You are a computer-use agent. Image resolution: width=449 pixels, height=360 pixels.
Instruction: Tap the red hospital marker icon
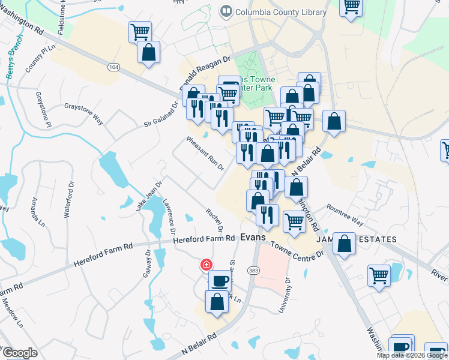[x=206, y=265]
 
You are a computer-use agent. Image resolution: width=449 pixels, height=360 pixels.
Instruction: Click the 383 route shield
[x=253, y=271]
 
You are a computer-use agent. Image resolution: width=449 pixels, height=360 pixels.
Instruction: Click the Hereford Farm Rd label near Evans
[x=204, y=239]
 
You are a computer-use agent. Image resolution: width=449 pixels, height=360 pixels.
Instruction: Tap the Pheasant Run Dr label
[x=205, y=153]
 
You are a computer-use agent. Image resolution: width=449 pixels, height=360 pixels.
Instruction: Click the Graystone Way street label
[x=83, y=115]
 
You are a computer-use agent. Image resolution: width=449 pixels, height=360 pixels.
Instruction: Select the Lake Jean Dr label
[x=149, y=196]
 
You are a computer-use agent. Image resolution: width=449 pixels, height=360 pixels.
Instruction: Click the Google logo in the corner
[x=20, y=353]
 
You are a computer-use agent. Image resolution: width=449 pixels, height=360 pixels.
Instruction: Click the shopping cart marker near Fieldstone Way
[x=140, y=31]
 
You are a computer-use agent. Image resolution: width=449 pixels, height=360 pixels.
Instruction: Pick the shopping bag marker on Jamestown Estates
[x=345, y=243]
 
